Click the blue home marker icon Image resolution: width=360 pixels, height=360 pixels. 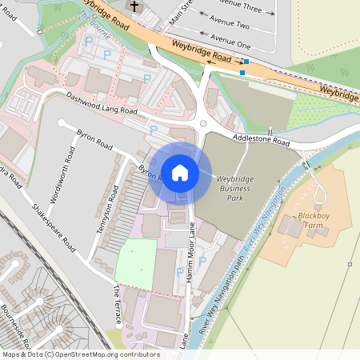[179, 173]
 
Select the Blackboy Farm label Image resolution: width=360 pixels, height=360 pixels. [314, 221]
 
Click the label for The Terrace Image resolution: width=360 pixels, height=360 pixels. [117, 306]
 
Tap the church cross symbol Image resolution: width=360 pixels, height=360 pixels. [134, 7]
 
